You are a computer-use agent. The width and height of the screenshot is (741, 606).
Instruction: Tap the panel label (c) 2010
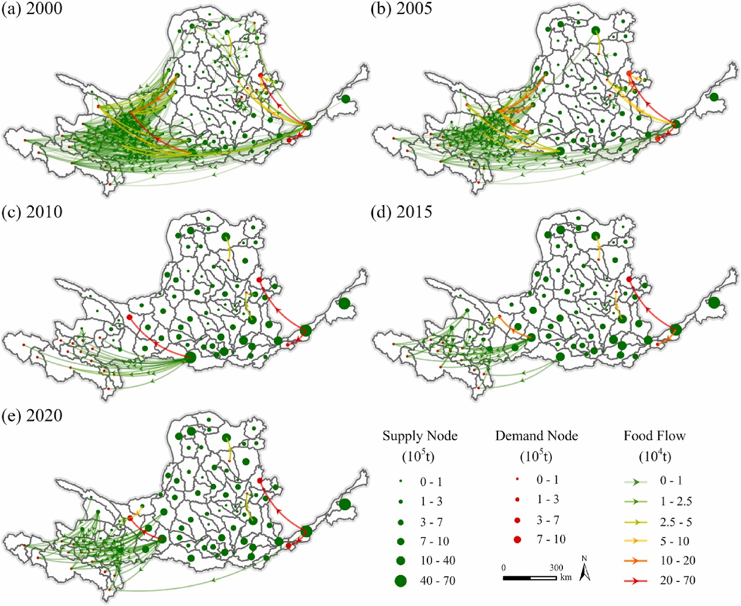pyautogui.click(x=32, y=212)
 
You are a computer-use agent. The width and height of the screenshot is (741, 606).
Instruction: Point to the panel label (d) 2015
pyautogui.click(x=402, y=212)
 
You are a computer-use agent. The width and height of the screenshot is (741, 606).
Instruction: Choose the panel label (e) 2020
pyautogui.click(x=32, y=415)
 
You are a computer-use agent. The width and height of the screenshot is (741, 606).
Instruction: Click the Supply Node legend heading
pyautogui.click(x=420, y=436)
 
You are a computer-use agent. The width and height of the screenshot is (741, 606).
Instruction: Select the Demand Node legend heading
pyautogui.click(x=536, y=436)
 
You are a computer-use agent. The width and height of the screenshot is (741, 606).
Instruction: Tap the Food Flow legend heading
pyautogui.click(x=654, y=436)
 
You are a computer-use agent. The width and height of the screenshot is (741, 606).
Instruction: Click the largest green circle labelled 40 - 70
pyautogui.click(x=401, y=580)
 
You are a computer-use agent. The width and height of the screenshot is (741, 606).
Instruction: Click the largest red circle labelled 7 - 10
pyautogui.click(x=517, y=539)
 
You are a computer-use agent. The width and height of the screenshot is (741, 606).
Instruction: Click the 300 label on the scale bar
pyautogui.click(x=556, y=567)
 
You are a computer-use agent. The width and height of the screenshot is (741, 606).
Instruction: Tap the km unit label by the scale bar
pyautogui.click(x=566, y=577)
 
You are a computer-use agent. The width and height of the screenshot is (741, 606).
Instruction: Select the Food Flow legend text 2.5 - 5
pyautogui.click(x=676, y=522)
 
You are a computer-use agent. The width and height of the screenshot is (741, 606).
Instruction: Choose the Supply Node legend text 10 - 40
pyautogui.click(x=437, y=561)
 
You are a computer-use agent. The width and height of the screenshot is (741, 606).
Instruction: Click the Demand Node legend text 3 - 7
pyautogui.click(x=548, y=520)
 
